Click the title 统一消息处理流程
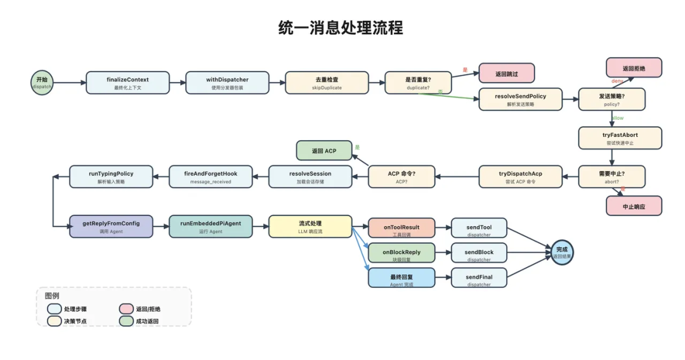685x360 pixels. point(341,28)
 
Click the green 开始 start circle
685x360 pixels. point(42,82)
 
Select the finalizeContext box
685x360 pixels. point(127,82)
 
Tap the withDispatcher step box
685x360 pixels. point(227,82)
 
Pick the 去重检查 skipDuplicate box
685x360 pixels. point(327,82)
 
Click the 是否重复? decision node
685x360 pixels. point(418,82)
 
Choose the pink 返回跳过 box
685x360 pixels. point(506,74)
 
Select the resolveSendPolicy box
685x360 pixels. point(520,99)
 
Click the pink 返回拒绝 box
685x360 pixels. point(634,68)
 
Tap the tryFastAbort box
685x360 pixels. point(620,138)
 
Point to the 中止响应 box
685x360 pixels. point(634,206)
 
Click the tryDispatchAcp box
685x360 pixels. point(520,176)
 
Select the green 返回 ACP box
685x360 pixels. point(324,151)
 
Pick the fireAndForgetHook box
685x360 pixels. point(211,176)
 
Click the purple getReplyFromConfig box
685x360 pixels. point(111,226)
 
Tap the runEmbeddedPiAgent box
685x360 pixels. point(211,226)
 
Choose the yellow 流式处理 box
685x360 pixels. point(310,226)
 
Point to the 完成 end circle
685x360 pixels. point(562,252)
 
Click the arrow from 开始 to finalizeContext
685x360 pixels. point(69,82)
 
